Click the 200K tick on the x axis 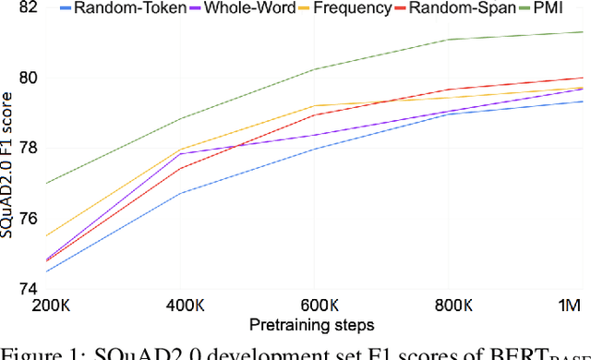click(46, 305)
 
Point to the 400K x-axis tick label click(180, 305)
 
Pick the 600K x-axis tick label click(314, 305)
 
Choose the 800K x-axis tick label click(448, 305)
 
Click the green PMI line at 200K click(46, 183)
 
